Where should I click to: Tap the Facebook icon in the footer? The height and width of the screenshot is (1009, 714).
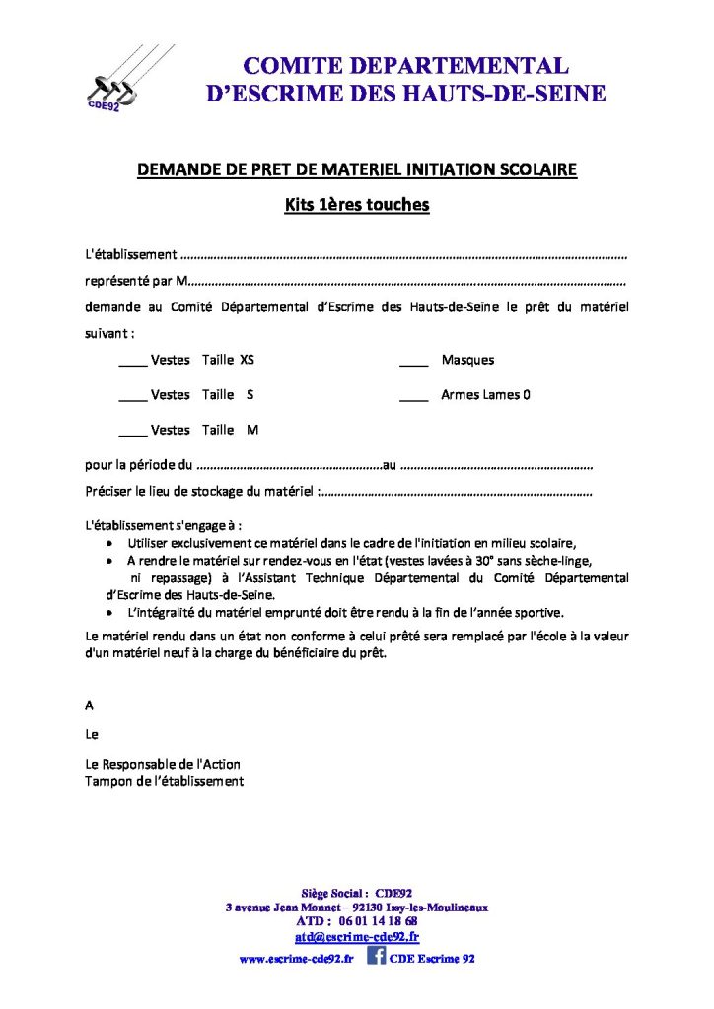point(376,955)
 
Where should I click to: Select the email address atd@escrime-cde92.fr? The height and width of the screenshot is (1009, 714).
point(357,937)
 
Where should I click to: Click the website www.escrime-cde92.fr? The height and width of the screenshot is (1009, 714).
point(296,958)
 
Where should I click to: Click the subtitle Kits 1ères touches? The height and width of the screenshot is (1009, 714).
point(356,206)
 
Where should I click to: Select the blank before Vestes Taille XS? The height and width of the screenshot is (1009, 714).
point(132,361)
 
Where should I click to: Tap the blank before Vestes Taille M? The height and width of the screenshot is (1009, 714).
point(132,431)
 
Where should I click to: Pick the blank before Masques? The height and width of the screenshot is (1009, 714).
point(413,361)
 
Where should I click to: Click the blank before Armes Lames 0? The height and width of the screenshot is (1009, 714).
point(413,396)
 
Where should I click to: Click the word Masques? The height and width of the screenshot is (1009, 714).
point(467,360)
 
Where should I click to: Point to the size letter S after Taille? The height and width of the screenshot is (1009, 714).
point(250,395)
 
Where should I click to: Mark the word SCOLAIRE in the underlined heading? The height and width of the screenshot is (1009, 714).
point(535,169)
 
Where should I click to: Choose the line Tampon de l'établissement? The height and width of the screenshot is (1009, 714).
point(165,781)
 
